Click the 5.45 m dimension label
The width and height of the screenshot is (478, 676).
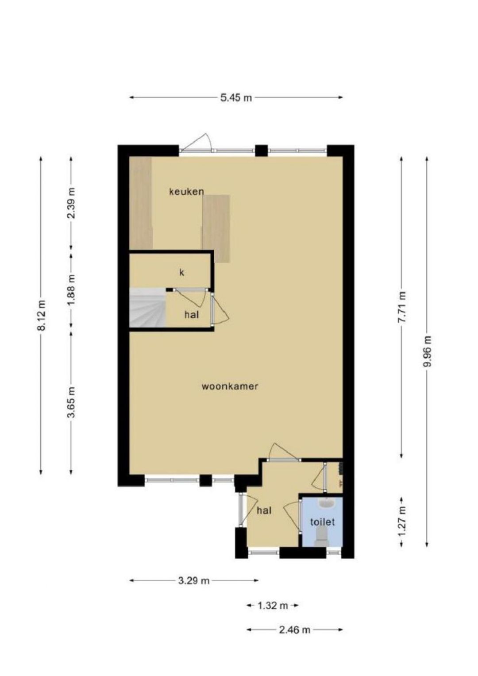point(236,97)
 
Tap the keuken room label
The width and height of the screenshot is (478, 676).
point(186,192)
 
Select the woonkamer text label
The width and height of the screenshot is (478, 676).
point(230,386)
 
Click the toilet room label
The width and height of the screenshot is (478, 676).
point(322,522)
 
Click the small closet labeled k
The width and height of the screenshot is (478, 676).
point(181,273)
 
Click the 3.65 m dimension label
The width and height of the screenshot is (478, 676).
point(71,402)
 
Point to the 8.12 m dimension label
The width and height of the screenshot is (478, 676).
point(41,315)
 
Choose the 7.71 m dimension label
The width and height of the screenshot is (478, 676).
point(401,307)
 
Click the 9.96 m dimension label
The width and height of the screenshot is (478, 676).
point(427,351)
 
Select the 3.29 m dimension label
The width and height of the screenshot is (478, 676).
point(194,580)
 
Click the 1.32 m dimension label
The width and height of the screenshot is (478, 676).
point(273,605)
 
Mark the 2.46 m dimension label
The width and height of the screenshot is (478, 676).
point(294,630)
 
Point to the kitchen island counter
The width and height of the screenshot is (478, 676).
point(216,228)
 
